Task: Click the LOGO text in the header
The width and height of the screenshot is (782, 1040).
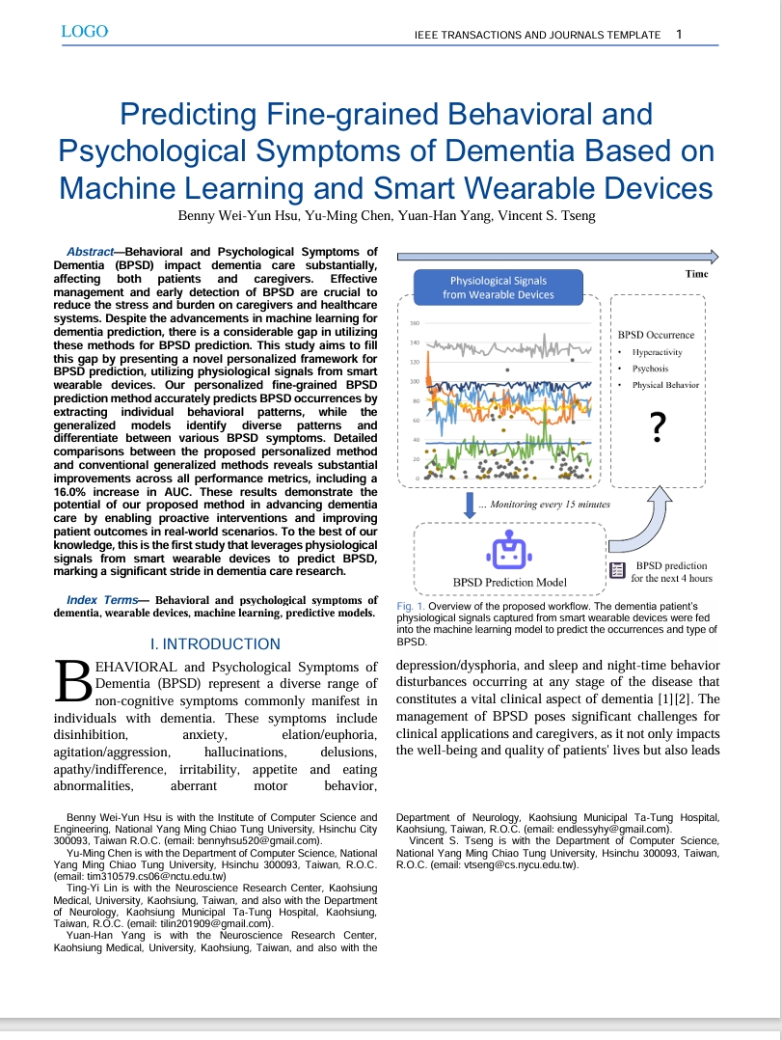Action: click(84, 32)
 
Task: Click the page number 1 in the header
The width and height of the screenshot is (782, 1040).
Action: click(680, 34)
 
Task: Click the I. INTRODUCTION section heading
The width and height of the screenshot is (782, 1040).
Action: click(215, 643)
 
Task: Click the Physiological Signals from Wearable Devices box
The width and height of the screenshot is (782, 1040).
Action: click(499, 287)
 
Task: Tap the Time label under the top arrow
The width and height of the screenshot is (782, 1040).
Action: click(696, 274)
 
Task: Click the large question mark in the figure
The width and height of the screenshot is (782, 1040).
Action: click(658, 425)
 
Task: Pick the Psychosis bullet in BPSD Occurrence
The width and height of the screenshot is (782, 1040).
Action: click(650, 369)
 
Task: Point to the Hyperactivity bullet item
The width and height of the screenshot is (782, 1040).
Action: click(657, 352)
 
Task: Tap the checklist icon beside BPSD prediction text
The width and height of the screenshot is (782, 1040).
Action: click(617, 571)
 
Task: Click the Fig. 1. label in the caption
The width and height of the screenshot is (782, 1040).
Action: click(412, 606)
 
